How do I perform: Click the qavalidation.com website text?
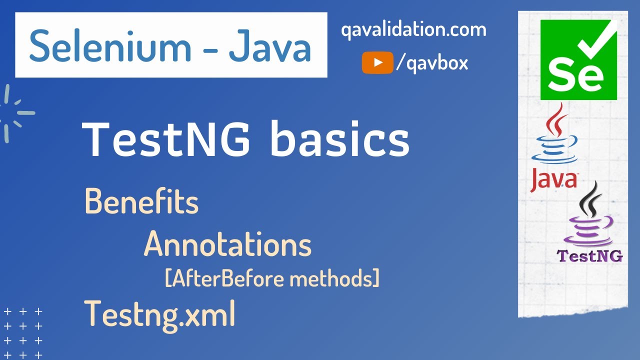pos(413,30)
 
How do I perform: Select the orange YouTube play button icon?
pos(377,63)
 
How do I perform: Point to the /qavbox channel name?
pos(432,63)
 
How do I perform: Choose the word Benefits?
pos(141,201)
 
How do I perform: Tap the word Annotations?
pos(227,244)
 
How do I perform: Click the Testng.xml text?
pos(159,313)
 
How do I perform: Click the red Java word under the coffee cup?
pos(553,180)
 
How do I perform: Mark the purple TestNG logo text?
pos(590,256)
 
